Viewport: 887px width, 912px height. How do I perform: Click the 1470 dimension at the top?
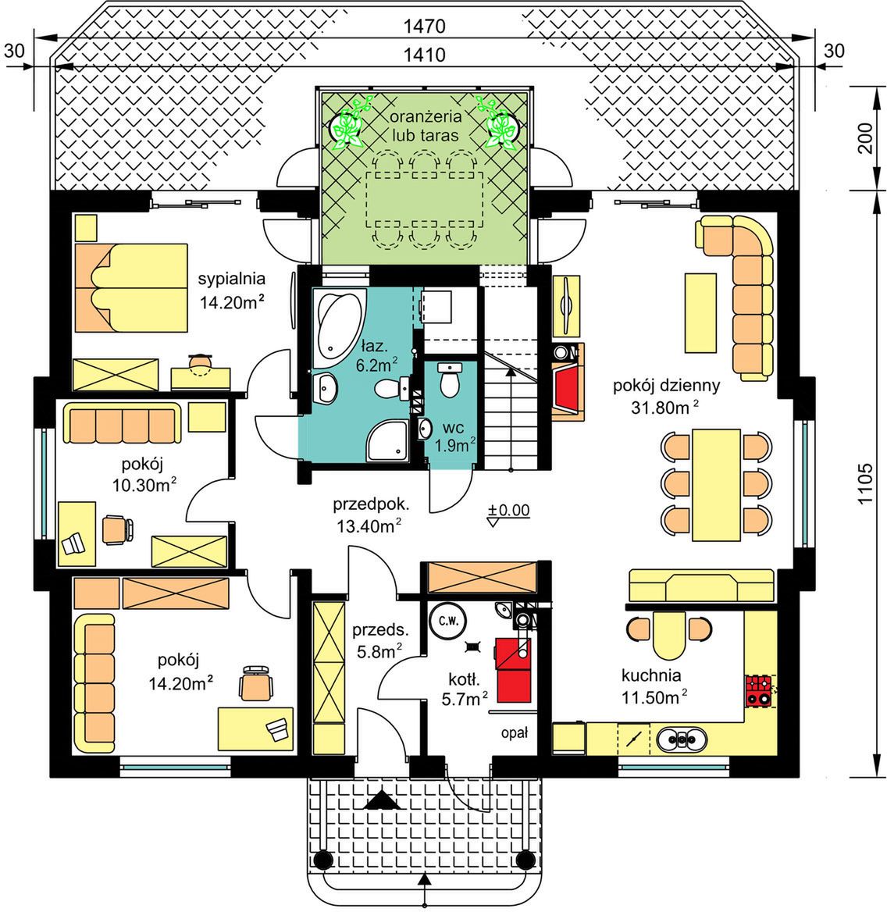tap(424, 27)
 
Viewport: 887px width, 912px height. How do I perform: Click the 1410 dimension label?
tap(424, 55)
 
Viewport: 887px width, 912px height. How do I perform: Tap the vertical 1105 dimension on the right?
tap(866, 483)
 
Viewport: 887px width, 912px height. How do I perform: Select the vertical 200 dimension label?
tap(866, 138)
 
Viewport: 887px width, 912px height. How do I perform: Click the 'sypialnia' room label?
tap(231, 279)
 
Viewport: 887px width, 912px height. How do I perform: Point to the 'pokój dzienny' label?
tap(667, 386)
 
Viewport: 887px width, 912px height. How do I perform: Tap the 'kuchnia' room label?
tap(651, 675)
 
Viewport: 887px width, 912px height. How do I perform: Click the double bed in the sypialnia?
tap(130, 288)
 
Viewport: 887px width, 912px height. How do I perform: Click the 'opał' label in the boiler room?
tap(515, 734)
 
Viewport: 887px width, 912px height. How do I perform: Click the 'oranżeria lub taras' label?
tap(426, 126)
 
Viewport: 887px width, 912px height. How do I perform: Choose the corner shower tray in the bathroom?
tap(387, 441)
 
